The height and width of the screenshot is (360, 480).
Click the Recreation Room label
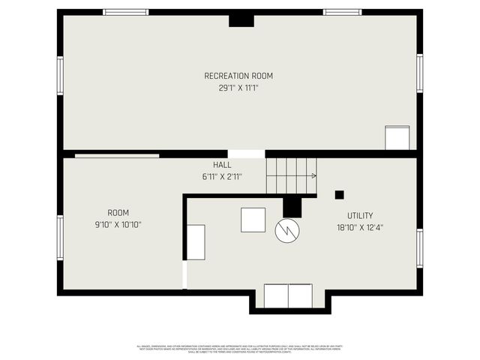[x=238, y=76]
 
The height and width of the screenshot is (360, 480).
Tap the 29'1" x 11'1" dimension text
[x=238, y=88]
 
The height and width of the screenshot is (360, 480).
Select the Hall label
[x=222, y=165]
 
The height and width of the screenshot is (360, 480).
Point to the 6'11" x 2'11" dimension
[x=222, y=177]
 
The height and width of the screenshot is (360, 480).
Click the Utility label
[x=360, y=215]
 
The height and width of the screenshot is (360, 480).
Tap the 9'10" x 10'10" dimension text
[x=118, y=224]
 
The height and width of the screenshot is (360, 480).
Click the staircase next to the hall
[x=292, y=177]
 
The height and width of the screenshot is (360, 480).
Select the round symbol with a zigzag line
[x=287, y=231]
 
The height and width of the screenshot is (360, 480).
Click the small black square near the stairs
[x=339, y=195]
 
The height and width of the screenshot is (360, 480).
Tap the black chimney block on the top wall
[x=241, y=20]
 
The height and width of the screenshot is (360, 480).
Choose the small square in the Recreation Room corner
[x=397, y=138]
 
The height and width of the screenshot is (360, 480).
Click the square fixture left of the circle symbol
[x=253, y=220]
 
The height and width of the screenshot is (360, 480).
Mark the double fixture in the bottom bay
[x=288, y=295]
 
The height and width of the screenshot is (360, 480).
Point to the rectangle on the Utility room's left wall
[x=196, y=242]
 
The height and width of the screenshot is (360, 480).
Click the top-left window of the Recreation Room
[x=126, y=12]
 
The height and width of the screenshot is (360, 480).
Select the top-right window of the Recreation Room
[x=342, y=12]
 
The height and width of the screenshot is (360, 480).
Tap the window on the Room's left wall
[x=60, y=238]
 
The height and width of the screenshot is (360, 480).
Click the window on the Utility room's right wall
[x=419, y=248]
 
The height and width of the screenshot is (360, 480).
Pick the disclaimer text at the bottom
[x=239, y=349]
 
